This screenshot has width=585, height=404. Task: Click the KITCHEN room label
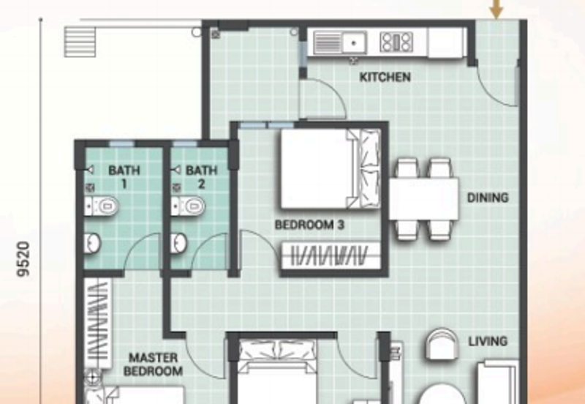(x=385, y=77)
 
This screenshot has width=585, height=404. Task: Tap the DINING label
(x=488, y=198)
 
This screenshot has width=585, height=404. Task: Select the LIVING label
(x=488, y=341)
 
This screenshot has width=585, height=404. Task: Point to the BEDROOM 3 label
(x=309, y=225)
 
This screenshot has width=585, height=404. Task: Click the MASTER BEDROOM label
(x=153, y=364)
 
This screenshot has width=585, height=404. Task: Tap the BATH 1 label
(x=124, y=177)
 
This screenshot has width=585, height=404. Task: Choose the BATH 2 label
(x=202, y=177)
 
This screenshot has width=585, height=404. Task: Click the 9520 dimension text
(x=23, y=259)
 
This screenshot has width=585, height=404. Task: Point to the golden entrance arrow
(x=497, y=8)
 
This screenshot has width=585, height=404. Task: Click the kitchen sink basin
(x=354, y=42)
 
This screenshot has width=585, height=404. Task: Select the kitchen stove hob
(x=396, y=42)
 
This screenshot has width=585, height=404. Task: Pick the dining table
(x=424, y=198)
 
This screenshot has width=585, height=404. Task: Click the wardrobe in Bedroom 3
(x=331, y=256)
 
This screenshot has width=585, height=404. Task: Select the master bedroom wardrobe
(x=98, y=323)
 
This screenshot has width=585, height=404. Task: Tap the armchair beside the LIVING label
(x=442, y=344)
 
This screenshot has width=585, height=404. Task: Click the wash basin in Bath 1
(x=92, y=244)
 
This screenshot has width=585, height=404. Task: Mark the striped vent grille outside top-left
(x=80, y=42)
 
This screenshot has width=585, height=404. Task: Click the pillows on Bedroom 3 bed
(x=369, y=168)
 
